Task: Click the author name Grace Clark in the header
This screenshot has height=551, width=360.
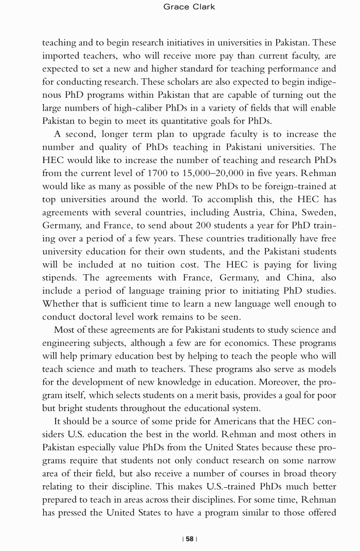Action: point(189,7)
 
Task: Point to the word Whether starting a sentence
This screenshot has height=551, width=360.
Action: point(60,304)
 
